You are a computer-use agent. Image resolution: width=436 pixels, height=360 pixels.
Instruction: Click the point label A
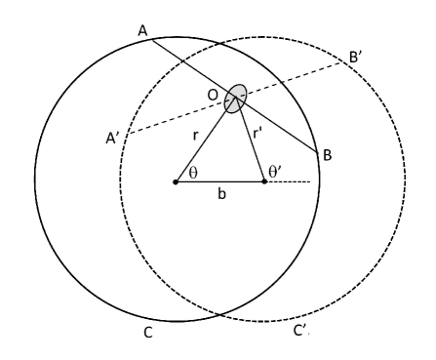[x=142, y=32]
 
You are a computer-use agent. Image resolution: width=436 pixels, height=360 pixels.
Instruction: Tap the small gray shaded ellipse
[x=234, y=96]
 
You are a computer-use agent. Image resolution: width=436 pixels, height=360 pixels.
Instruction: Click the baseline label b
[x=221, y=196]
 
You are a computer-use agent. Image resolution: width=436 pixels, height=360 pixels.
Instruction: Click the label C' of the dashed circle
[x=301, y=332]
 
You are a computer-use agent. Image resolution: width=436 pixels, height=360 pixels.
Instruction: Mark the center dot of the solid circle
[x=176, y=181]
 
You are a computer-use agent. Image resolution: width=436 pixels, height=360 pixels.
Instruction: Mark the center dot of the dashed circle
[x=264, y=181]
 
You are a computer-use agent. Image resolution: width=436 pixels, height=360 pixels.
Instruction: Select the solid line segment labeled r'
[x=251, y=141]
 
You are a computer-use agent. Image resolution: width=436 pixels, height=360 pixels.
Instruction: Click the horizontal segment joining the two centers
[x=219, y=181]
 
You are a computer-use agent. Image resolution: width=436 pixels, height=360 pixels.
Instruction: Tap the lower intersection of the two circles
[x=220, y=317]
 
